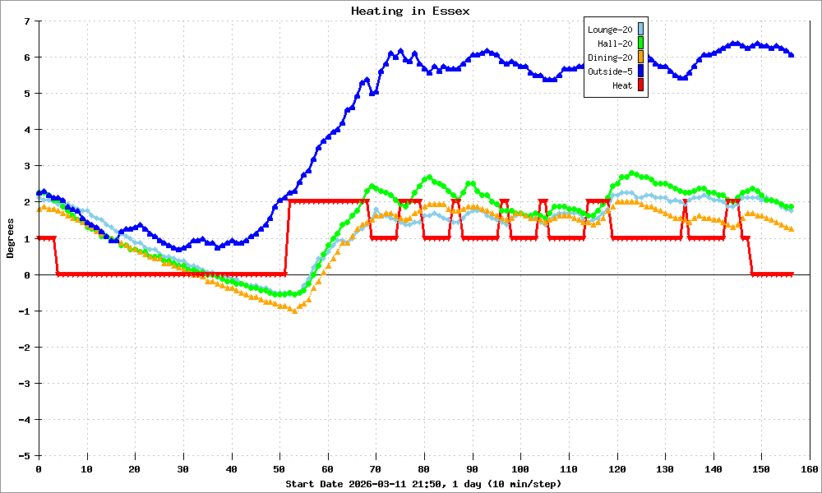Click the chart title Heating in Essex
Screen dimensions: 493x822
tap(410, 11)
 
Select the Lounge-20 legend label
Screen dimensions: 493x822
tap(610, 30)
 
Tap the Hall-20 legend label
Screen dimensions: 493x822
tap(615, 44)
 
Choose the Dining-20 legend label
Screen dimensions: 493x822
tap(610, 58)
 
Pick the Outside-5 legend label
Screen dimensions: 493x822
tap(610, 71)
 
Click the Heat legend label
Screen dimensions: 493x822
tap(622, 85)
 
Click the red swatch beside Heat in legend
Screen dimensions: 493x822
tap(641, 85)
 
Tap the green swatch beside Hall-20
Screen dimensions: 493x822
tap(641, 44)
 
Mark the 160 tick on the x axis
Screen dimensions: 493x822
tap(810, 468)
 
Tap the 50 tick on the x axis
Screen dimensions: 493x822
tap(279, 468)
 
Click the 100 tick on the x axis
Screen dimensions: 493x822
tap(520, 468)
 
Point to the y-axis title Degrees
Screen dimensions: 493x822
tap(11, 238)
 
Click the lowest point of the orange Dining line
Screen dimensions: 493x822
tap(294, 310)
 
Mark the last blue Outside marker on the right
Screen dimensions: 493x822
tap(791, 54)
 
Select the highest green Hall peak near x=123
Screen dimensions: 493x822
tap(631, 173)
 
